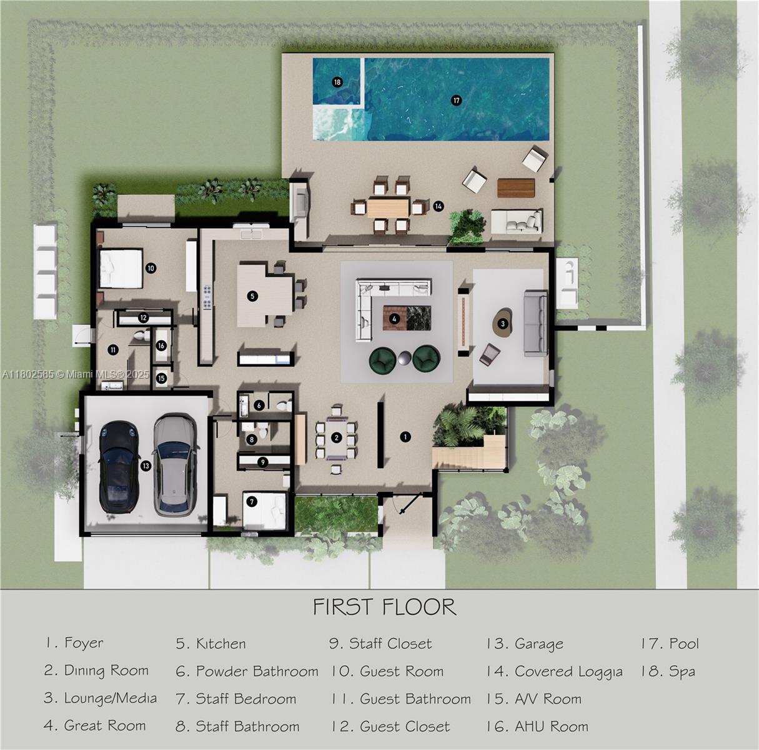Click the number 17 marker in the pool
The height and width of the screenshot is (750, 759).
pos(456,100)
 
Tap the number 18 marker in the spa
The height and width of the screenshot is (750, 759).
pos(337,82)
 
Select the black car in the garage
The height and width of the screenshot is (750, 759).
pos(119,466)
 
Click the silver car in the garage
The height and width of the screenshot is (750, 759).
pos(175,465)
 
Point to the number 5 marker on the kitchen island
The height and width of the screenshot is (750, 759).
pos(252,296)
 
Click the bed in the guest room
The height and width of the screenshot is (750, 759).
pos(121,269)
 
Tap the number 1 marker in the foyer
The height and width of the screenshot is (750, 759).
pos(405,437)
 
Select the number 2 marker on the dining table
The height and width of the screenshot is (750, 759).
pos(336,437)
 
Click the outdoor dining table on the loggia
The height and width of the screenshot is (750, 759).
pos(388,207)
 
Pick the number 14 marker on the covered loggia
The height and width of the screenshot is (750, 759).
pos(439,206)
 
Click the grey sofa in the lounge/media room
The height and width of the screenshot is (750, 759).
pos(535,322)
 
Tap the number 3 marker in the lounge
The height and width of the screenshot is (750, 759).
pos(502,324)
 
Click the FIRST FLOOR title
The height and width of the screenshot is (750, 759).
pos(384,606)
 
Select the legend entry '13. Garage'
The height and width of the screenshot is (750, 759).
pos(525,644)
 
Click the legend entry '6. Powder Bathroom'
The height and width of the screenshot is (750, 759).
pos(247,671)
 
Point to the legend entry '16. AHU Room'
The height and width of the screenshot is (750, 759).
pos(537,726)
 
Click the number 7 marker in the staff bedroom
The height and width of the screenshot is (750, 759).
pos(252,501)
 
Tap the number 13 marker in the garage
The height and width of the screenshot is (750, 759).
pos(146,466)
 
